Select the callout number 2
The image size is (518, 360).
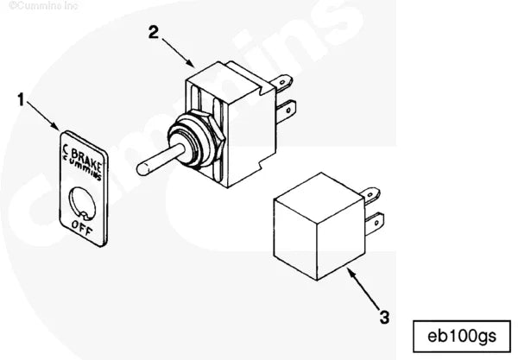pos(153,33)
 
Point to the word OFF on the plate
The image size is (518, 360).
pos(84,229)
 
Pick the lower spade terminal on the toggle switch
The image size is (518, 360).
pos(289,110)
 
